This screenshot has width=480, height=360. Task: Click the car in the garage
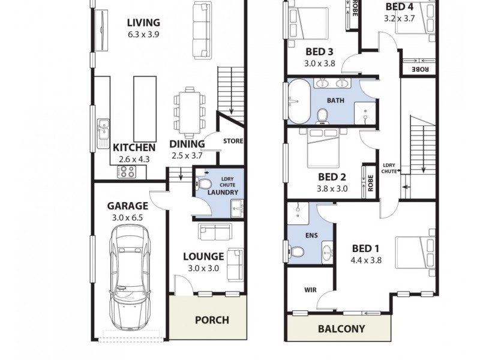point(130,275)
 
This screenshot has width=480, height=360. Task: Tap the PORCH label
point(212,320)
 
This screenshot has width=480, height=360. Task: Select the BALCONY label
point(341,329)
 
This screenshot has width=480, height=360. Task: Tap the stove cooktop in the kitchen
point(126,172)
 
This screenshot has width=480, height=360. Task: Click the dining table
point(190,111)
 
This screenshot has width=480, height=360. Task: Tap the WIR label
point(310,290)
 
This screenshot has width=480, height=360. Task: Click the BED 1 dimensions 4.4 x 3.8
point(366,260)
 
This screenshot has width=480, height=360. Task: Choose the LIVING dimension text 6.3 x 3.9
point(143,35)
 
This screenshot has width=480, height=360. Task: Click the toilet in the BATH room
point(322,114)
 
